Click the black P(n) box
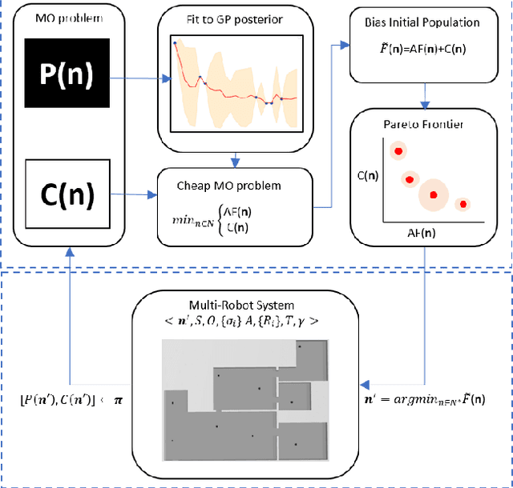click(x=67, y=75)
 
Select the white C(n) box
click(x=67, y=192)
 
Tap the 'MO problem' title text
click(x=67, y=18)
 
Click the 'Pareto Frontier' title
click(x=424, y=124)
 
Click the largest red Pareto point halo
click(x=434, y=194)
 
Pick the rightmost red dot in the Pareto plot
click(x=463, y=205)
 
